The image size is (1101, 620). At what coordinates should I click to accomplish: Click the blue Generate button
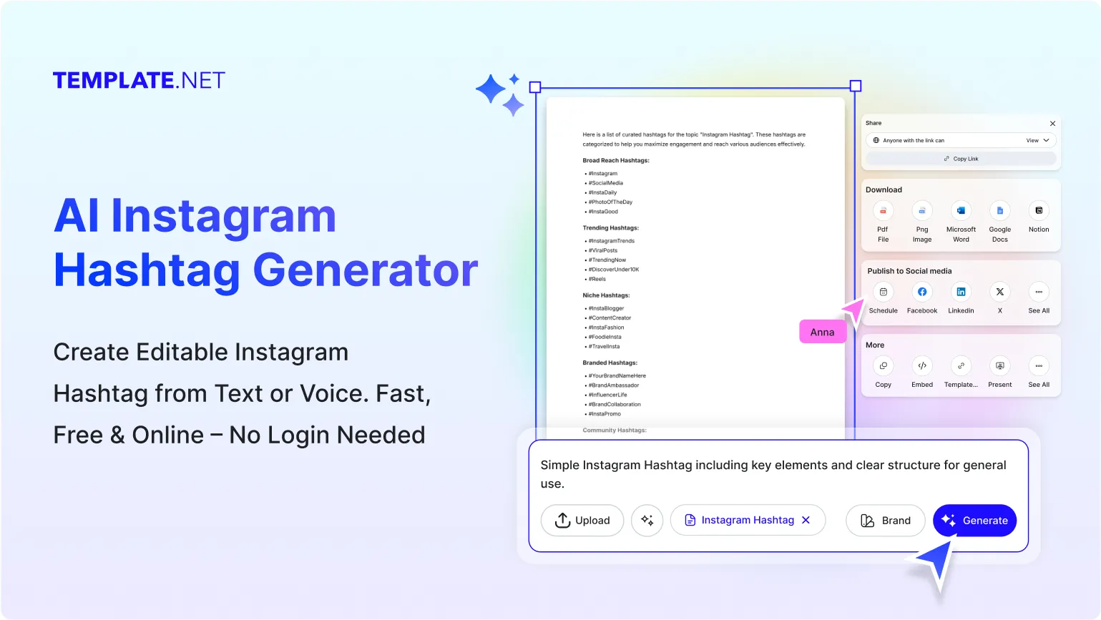click(974, 521)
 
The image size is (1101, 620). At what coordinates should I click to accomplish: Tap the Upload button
click(582, 521)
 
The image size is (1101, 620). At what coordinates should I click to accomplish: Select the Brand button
click(885, 521)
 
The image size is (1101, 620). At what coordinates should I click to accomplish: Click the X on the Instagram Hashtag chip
click(806, 520)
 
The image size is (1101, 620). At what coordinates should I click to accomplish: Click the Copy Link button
click(961, 159)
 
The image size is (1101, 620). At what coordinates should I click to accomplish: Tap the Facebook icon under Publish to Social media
click(922, 292)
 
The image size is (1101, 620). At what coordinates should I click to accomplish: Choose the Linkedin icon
click(961, 292)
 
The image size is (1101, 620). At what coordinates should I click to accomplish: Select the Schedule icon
click(884, 292)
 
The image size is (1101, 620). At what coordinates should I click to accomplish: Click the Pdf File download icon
click(884, 211)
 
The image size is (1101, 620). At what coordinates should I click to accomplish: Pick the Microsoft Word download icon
click(961, 211)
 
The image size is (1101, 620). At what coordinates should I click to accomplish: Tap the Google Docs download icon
click(1000, 211)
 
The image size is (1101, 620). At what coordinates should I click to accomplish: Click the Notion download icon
click(1039, 211)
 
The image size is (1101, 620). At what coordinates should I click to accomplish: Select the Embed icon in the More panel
click(922, 366)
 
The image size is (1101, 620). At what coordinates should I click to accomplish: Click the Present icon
click(1000, 366)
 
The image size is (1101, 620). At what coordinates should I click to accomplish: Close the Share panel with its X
click(1052, 124)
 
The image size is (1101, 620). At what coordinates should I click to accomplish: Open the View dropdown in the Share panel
click(1037, 141)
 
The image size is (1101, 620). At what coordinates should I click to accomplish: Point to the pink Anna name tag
click(822, 332)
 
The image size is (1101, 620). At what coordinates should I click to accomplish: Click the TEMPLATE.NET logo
click(139, 81)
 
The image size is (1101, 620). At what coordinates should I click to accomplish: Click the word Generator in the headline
click(365, 270)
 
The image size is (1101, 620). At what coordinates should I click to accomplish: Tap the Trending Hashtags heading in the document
click(610, 228)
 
